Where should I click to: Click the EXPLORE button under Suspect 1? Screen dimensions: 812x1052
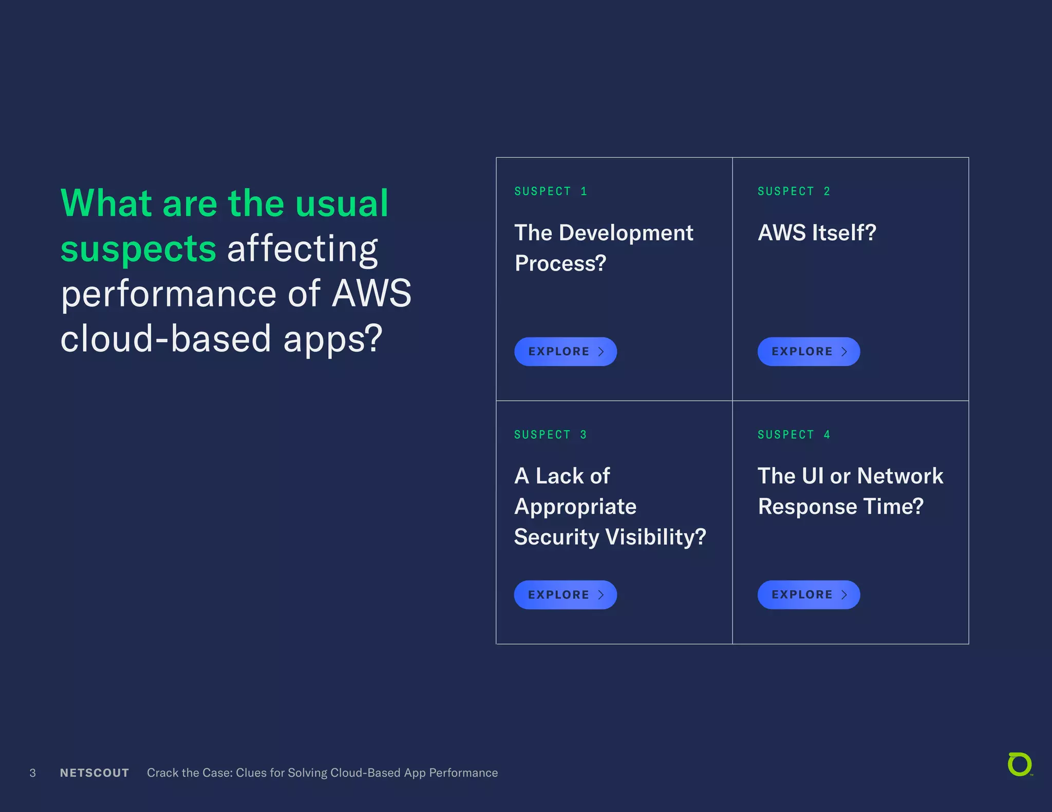click(x=565, y=352)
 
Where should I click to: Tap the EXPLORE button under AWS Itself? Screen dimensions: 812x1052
click(x=808, y=352)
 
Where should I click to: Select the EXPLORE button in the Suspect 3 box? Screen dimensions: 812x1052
click(x=565, y=595)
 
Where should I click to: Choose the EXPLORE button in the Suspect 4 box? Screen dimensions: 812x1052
click(x=808, y=595)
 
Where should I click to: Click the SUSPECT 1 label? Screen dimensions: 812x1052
click(x=551, y=191)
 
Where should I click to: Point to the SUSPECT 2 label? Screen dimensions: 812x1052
click(x=794, y=191)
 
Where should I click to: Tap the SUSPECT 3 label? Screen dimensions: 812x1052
click(x=550, y=435)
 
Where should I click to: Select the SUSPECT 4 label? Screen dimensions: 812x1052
click(x=794, y=435)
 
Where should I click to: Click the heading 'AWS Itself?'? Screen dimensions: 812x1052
click(x=817, y=233)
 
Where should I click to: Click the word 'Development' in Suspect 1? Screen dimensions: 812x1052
click(x=626, y=233)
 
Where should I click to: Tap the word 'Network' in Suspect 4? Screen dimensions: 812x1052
click(x=900, y=476)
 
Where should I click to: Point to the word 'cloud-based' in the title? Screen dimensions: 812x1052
click(x=165, y=339)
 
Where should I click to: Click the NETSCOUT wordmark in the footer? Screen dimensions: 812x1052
click(x=95, y=773)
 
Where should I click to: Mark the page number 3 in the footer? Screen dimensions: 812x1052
click(x=33, y=773)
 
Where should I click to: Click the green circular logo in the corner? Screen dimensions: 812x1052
click(x=1020, y=764)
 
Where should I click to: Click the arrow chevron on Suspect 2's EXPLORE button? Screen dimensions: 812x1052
click(x=844, y=352)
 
